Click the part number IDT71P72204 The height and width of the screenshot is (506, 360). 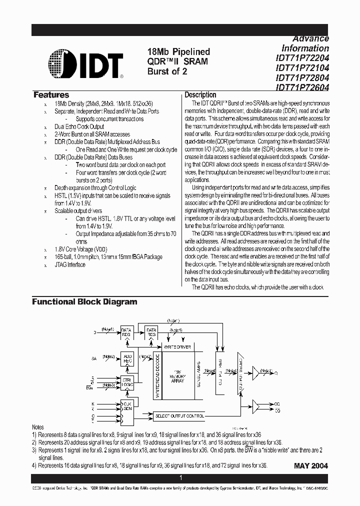tap(302, 58)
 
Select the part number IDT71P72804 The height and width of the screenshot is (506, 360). tap(302, 78)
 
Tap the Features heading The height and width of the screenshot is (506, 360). tap(51, 95)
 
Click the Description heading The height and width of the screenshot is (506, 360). tap(200, 95)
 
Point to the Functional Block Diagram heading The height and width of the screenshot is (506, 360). tap(84, 302)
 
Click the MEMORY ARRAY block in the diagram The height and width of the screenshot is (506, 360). tap(177, 377)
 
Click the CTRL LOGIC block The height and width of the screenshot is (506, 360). tap(126, 382)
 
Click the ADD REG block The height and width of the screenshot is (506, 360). tap(126, 359)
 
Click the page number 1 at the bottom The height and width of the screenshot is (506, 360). tap(180, 478)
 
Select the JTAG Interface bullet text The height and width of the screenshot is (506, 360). tap(70, 264)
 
